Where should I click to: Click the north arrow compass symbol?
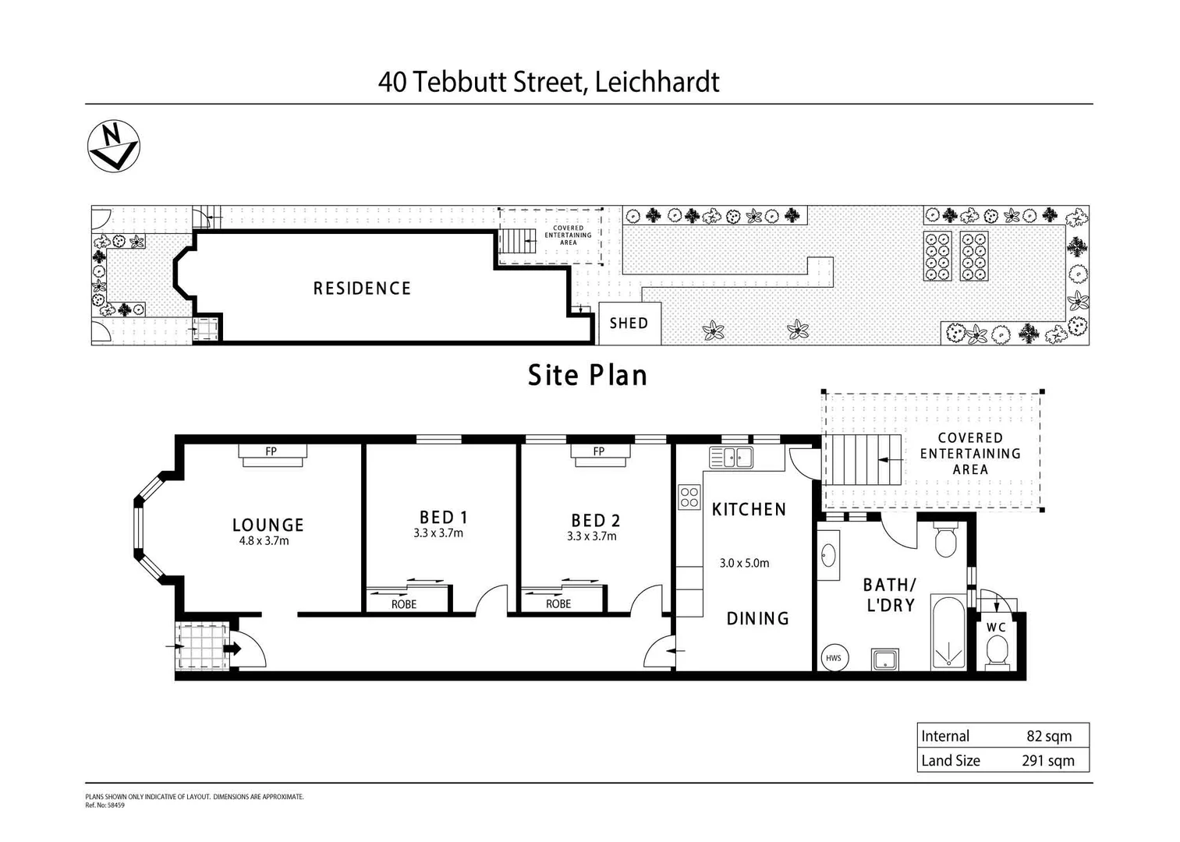[114, 146]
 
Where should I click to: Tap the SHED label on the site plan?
[629, 324]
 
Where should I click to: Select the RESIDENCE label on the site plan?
[362, 288]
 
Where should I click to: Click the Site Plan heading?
[587, 376]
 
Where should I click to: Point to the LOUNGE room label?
[268, 525]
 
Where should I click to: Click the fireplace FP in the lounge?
[271, 451]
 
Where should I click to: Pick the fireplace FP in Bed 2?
[599, 451]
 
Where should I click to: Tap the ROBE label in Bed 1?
[404, 604]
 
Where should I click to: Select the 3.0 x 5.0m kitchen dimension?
[744, 563]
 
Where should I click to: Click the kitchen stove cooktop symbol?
[689, 497]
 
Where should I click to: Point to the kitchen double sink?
[731, 458]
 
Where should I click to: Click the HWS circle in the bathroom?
[833, 658]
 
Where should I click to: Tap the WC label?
[996, 628]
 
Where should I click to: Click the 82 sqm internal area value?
[1049, 736]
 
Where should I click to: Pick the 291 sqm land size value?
[1047, 761]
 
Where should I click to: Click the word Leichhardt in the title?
[657, 82]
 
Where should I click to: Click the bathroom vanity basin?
[828, 556]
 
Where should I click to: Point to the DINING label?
[757, 619]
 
